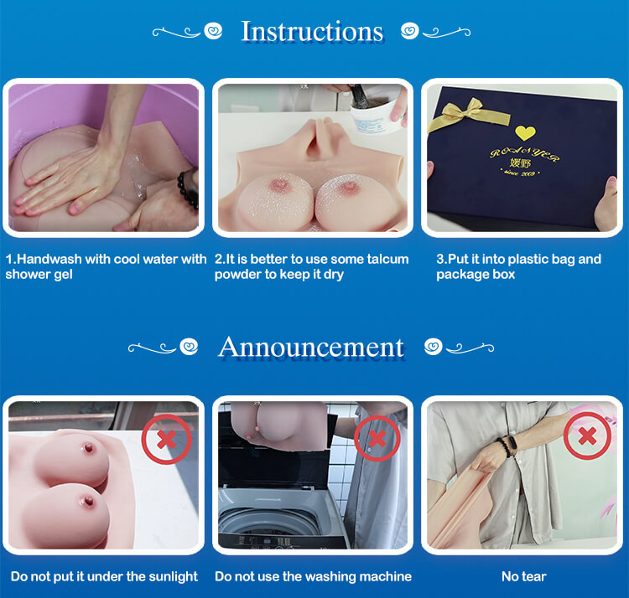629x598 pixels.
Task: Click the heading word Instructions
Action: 312,31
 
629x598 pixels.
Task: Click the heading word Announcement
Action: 311,347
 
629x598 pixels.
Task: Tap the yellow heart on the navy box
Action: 525,132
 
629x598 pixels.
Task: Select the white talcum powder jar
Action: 374,116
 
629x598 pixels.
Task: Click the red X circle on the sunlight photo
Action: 167,440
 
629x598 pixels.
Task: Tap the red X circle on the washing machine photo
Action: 377,438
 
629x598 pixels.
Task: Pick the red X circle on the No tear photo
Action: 587,436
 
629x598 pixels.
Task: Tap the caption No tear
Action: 524,576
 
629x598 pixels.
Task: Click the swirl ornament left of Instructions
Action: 187,31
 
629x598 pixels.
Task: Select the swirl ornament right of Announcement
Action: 459,347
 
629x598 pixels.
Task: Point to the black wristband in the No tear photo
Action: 506,447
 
